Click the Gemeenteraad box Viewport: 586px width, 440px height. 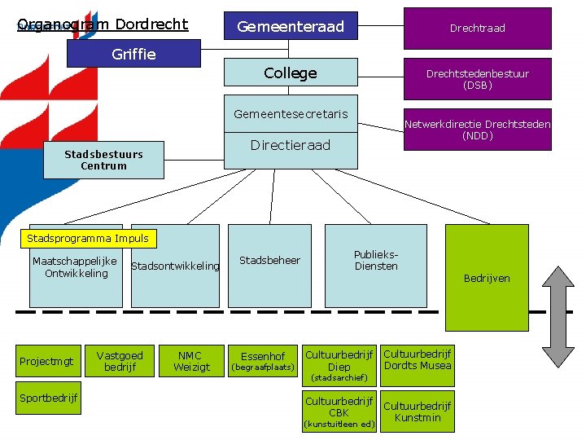point(291,27)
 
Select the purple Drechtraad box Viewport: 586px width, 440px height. point(477,28)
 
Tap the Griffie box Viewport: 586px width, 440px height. point(133,54)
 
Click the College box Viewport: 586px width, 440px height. point(291,73)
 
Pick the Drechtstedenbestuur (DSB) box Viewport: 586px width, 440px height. point(477,79)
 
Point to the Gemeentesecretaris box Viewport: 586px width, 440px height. point(291,114)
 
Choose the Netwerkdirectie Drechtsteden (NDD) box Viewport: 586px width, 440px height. point(477,130)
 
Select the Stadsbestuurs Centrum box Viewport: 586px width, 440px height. point(103,160)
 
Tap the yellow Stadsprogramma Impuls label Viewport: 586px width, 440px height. point(88,239)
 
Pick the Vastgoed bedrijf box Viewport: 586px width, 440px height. point(120,361)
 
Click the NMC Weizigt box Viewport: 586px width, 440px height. point(191,361)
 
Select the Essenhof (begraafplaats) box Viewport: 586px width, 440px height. point(263,361)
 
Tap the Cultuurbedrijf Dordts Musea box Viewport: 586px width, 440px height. point(417,361)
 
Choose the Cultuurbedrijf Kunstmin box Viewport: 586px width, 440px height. point(417,412)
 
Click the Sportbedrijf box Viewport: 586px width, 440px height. point(49,398)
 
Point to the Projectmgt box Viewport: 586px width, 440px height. point(46,361)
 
